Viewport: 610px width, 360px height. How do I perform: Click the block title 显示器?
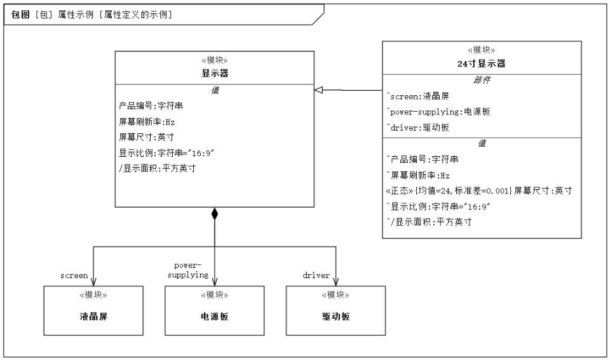click(215, 73)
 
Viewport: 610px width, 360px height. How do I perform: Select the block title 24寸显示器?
click(481, 63)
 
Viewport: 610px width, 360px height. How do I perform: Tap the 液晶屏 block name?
click(93, 316)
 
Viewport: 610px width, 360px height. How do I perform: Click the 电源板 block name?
click(214, 316)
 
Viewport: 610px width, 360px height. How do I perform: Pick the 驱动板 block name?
click(335, 316)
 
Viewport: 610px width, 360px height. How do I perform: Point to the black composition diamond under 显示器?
click(214, 213)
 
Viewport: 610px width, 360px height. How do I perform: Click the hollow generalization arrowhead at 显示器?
click(318, 90)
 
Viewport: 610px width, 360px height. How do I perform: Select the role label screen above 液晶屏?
click(74, 276)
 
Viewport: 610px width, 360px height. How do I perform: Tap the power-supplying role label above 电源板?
click(188, 270)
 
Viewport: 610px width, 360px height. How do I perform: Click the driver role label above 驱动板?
click(316, 276)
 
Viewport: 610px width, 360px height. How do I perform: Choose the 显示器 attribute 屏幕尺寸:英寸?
click(146, 137)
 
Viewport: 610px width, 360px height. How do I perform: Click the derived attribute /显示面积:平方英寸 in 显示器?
click(157, 168)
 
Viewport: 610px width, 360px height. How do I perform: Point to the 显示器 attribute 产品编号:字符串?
click(151, 106)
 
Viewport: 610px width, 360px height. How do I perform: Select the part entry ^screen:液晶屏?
click(417, 96)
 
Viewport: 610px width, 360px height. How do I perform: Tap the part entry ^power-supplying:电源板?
click(438, 112)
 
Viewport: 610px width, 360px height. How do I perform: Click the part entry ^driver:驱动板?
click(417, 128)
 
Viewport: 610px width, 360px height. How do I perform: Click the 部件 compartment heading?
click(482, 80)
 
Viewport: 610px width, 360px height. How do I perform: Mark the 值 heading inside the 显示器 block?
click(215, 90)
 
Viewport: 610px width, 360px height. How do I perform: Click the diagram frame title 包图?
click(20, 15)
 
